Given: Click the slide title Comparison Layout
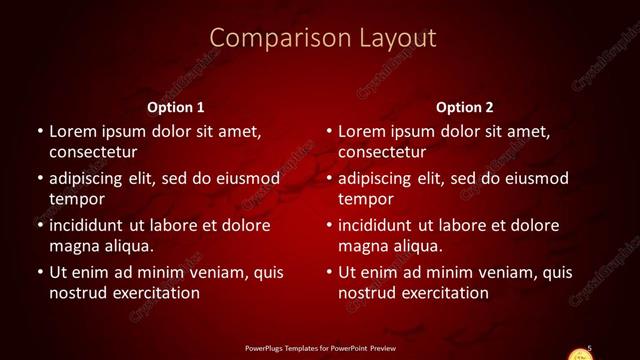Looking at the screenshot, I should (x=323, y=38).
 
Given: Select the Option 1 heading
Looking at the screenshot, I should (x=176, y=106).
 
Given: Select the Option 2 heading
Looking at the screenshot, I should (x=465, y=106).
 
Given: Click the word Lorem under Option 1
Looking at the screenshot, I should (x=73, y=131).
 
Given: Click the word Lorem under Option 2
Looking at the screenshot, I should (x=363, y=131).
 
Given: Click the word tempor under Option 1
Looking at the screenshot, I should (x=74, y=199).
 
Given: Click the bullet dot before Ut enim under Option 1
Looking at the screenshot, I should (x=38, y=273).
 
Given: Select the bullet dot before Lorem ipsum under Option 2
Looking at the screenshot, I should (x=328, y=132).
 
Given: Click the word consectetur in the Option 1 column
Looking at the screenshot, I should (x=92, y=152).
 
